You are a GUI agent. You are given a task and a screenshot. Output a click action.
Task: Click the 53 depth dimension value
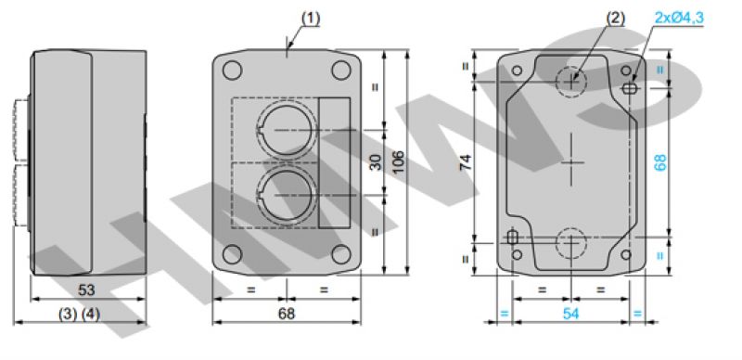point(86,289)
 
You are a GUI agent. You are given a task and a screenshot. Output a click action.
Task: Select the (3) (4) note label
point(79,314)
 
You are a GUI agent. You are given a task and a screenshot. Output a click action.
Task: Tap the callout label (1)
point(311,19)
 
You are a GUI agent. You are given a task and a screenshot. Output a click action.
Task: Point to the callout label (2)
point(616,19)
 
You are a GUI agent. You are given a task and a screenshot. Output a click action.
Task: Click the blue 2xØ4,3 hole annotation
point(679,18)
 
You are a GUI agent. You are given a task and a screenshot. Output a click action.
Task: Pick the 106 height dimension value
point(399,162)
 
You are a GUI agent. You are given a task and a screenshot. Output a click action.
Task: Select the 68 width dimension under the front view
point(287,314)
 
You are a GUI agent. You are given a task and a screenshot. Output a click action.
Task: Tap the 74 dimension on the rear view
point(467,162)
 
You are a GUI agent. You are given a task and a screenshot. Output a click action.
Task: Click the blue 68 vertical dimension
point(661,162)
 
